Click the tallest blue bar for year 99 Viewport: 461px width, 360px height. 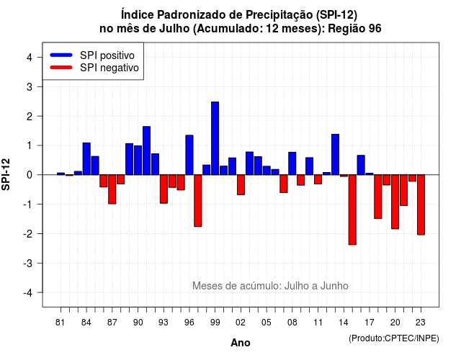(215, 138)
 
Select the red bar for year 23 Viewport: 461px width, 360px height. (421, 204)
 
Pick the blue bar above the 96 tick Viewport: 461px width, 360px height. (189, 155)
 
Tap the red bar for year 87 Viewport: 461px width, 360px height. (112, 189)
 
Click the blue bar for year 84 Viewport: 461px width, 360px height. (86, 158)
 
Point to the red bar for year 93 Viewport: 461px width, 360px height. (164, 189)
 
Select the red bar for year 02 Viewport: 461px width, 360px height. (241, 184)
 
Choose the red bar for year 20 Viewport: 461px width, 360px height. (395, 202)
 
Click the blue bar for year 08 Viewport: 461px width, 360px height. (292, 163)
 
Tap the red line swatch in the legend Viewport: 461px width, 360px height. (61, 68)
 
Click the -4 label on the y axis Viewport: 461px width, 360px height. (29, 293)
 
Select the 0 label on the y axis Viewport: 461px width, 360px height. (30, 175)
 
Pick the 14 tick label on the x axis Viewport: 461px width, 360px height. (344, 323)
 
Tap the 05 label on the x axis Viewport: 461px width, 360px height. (267, 323)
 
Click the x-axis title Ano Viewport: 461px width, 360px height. (241, 343)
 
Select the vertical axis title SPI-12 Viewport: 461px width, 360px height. (6, 174)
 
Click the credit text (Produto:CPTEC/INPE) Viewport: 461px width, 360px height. (394, 338)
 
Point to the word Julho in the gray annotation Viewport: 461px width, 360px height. (301, 286)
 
